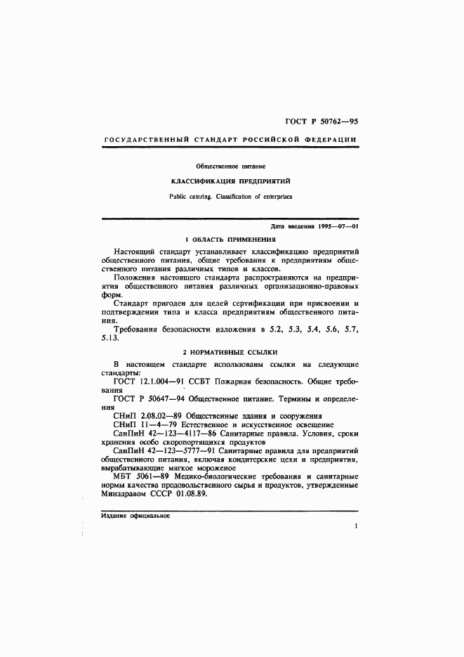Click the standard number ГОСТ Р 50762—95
(324, 122)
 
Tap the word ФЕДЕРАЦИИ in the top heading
(330, 141)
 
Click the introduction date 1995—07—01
(338, 226)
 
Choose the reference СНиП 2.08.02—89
(149, 416)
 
